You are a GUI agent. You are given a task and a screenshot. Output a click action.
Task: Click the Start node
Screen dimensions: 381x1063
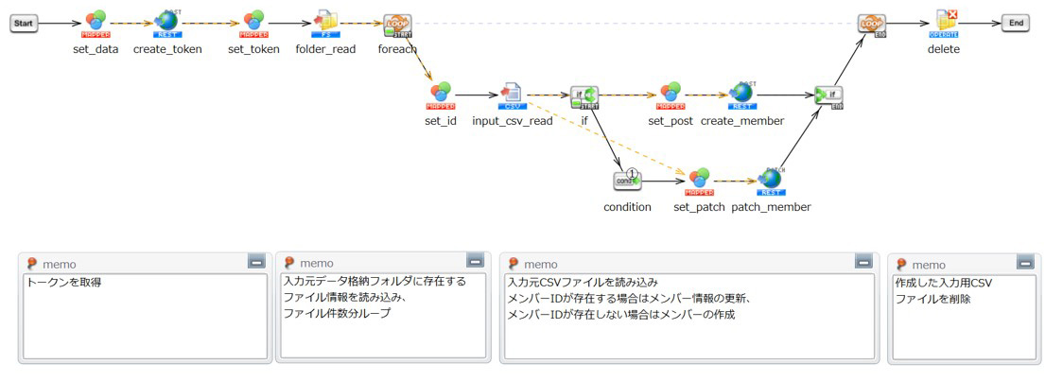24,24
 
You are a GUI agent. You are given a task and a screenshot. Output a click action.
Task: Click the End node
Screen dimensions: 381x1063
1016,24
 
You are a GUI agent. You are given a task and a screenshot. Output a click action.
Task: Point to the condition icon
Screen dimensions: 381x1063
627,181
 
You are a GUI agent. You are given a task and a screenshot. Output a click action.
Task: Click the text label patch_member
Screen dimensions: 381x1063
771,207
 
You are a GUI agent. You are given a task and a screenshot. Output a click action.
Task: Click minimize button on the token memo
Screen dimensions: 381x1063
255,261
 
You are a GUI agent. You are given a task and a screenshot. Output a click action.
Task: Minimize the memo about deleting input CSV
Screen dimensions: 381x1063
1025,261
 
